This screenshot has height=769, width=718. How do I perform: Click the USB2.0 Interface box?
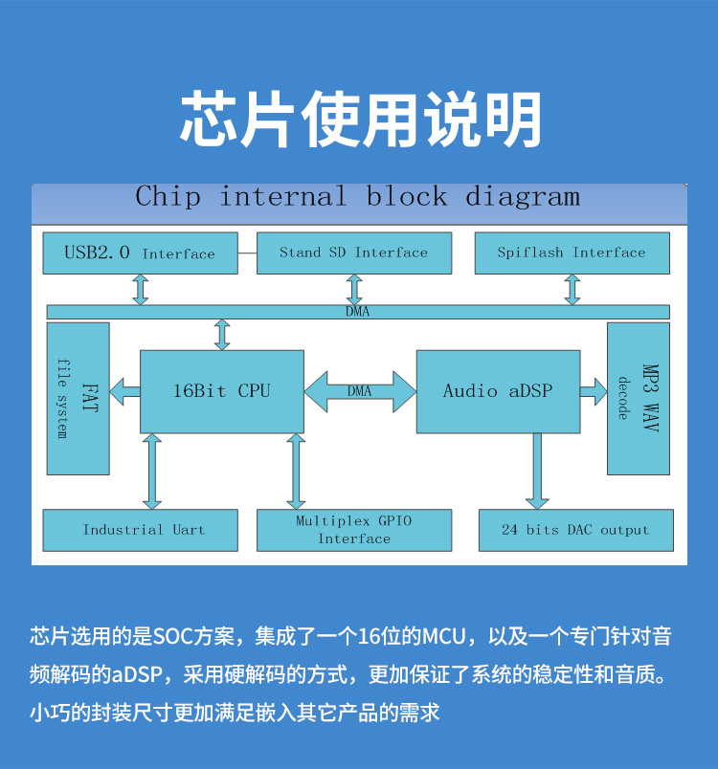(140, 253)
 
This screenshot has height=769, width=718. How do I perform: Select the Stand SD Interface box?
(353, 253)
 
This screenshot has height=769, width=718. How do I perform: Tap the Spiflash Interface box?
(572, 253)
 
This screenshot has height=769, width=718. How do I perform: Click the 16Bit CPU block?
(221, 391)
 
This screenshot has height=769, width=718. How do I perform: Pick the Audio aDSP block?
(497, 391)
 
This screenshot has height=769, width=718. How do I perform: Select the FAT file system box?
(78, 398)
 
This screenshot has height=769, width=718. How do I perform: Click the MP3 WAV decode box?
(638, 398)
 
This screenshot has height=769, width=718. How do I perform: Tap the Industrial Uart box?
(144, 530)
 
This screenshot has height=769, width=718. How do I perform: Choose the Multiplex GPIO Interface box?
(353, 530)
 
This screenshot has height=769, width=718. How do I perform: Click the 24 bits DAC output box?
(575, 530)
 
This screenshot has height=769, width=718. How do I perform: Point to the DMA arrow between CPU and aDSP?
(360, 391)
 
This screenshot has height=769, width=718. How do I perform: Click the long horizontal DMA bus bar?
(358, 312)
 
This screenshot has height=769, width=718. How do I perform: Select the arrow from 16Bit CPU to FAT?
(124, 391)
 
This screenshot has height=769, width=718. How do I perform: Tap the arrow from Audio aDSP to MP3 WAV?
(593, 391)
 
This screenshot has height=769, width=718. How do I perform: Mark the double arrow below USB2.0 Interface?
(141, 289)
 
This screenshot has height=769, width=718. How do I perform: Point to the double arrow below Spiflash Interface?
(572, 289)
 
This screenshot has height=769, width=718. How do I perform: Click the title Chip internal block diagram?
(358, 198)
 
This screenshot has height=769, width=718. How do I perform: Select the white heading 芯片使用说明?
(360, 120)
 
